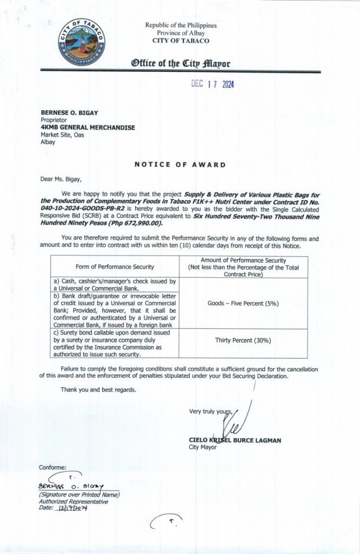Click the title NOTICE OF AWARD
180,164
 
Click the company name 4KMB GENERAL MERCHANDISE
87,127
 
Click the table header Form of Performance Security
115,267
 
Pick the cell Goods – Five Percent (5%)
243,304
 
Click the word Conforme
53,467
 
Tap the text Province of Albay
181,33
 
